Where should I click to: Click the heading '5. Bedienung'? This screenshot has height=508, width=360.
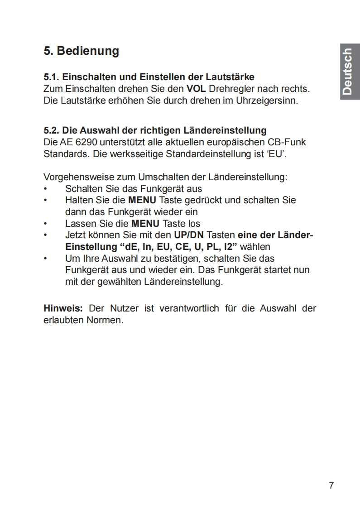(x=81, y=51)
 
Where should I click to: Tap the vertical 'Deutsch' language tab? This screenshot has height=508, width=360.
(x=347, y=72)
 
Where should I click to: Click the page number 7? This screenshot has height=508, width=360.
(x=331, y=485)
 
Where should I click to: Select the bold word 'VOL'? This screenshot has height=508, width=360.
(x=197, y=88)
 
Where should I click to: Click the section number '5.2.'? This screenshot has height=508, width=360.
(x=52, y=131)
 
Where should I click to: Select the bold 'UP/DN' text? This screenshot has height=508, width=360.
(x=189, y=235)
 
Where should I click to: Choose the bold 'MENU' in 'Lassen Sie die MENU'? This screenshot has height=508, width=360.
(x=145, y=224)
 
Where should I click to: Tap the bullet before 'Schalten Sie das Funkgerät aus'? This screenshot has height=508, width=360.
(x=45, y=189)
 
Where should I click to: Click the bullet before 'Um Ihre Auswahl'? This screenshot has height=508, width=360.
(x=45, y=259)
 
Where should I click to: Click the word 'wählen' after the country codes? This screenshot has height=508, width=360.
(x=255, y=247)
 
